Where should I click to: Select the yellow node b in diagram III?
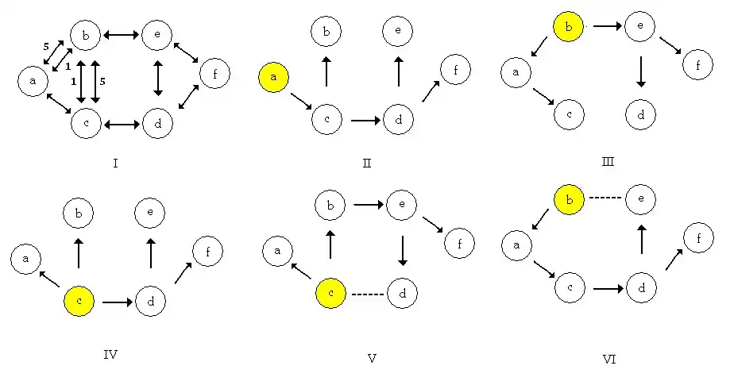568,28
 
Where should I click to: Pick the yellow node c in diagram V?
330,294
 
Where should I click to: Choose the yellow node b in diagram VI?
567,199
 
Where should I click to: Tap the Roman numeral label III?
608,163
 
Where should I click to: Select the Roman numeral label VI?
609,360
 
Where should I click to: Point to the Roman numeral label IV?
110,354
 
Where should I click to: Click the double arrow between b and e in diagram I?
122,34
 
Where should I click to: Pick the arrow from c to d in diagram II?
365,121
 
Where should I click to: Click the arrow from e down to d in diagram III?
640,71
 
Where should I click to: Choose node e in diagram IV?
150,212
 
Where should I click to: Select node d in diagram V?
403,294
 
